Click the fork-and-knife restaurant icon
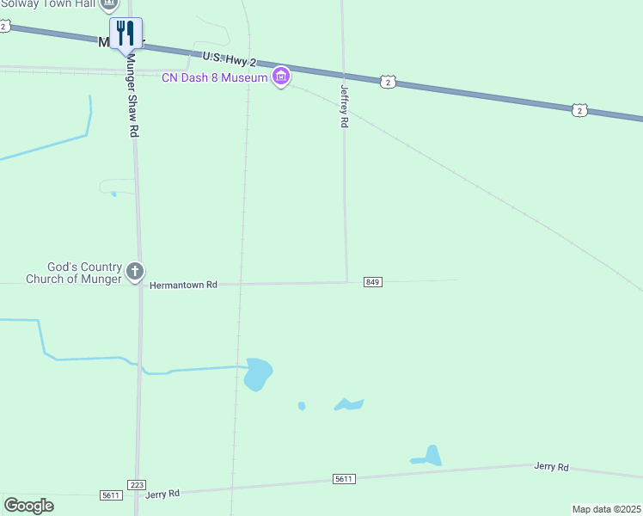click(126, 34)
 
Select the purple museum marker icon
click(280, 78)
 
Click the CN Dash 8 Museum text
click(216, 78)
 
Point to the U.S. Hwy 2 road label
click(230, 59)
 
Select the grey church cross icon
click(134, 272)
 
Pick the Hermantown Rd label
click(183, 285)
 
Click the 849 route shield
click(372, 282)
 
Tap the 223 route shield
click(136, 485)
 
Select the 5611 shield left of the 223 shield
click(111, 495)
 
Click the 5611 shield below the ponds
click(344, 478)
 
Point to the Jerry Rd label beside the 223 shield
click(162, 494)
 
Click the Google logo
click(28, 505)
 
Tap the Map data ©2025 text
click(606, 509)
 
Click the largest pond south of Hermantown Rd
click(257, 374)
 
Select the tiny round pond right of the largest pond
click(301, 405)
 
